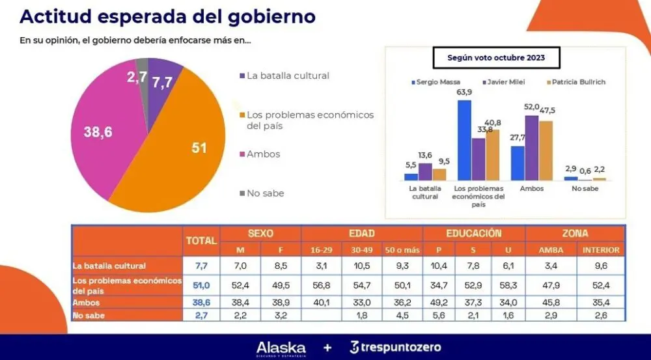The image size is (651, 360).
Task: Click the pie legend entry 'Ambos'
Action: pos(264,154)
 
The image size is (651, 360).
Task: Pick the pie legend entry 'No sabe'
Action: pos(265,193)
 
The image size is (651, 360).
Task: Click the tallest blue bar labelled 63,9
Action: pos(464,140)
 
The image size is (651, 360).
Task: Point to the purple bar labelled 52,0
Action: pos(532,148)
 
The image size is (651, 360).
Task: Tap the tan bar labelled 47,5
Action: pos(546,150)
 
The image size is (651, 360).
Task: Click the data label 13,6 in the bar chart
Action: pos(424,156)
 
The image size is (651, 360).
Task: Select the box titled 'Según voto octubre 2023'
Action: pos(496,57)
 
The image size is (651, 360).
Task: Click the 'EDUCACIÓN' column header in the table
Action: pos(473,233)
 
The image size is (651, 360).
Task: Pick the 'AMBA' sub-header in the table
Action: pos(551,249)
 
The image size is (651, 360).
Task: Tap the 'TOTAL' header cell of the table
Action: pos(201,241)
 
